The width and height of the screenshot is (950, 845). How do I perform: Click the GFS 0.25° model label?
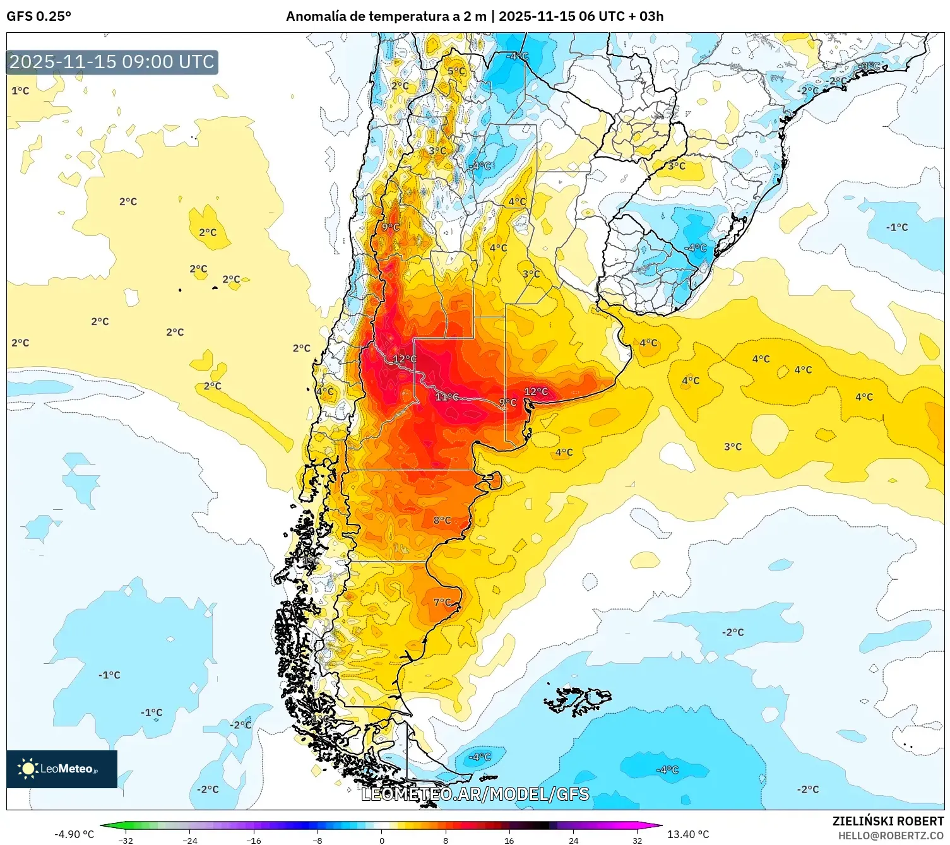pos(39,16)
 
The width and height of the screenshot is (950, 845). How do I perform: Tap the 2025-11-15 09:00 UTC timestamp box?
pos(112,62)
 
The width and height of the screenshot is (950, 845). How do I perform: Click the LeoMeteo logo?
pos(61,769)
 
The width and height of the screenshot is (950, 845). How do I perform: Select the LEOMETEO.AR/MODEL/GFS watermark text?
pos(475,794)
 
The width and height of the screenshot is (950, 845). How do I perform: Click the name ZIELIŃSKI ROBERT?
pos(888,821)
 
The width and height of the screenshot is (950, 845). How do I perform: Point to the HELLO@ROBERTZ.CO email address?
pos(890,836)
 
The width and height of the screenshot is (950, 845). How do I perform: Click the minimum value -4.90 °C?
pos(74,834)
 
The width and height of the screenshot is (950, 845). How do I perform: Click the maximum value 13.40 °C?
pos(688,834)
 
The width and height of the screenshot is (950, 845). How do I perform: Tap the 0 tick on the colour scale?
pos(381,840)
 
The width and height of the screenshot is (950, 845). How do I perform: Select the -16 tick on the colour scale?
pos(254,840)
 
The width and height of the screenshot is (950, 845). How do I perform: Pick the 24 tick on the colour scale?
pos(573,840)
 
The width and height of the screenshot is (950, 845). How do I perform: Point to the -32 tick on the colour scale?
pos(126,840)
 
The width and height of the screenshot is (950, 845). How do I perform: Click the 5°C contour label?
pos(456,71)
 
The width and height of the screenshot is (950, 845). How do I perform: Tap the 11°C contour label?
pos(447,397)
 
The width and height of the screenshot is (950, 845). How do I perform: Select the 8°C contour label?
pos(442,521)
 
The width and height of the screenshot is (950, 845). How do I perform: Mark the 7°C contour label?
pos(442,603)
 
